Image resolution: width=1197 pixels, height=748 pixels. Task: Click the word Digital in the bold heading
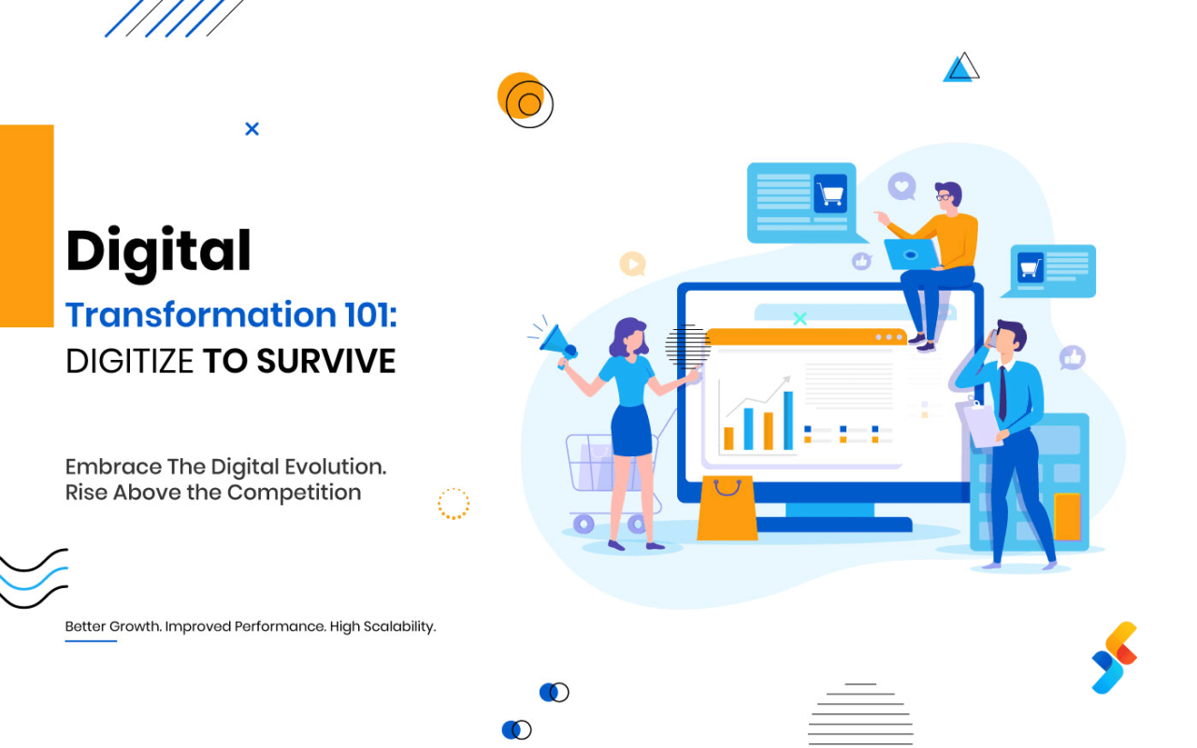(158, 252)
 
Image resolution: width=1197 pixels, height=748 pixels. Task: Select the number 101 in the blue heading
(368, 314)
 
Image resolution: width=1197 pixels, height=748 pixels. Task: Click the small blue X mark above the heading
(252, 129)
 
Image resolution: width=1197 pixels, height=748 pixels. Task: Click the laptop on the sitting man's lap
(911, 253)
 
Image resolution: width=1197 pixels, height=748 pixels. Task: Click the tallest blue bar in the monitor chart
(788, 421)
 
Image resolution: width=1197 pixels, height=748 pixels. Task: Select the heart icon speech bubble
(901, 186)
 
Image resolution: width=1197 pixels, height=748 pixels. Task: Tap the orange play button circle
(633, 265)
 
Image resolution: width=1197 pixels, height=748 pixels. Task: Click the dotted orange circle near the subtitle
(454, 503)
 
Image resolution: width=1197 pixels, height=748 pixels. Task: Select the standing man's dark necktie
(1002, 393)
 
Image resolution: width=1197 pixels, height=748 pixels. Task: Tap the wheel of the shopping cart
(584, 524)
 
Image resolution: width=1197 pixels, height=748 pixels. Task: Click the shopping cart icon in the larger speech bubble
(829, 194)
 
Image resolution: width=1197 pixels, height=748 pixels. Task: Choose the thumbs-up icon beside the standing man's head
(1073, 357)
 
